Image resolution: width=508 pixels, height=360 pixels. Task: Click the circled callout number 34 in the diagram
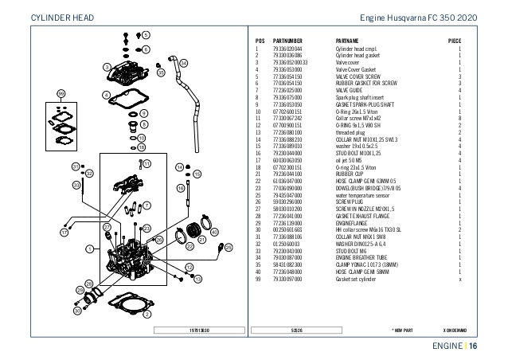(x=184, y=62)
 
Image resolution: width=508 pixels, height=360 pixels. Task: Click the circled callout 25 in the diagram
(x=229, y=248)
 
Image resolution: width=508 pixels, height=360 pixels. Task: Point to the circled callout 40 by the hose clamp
(x=214, y=232)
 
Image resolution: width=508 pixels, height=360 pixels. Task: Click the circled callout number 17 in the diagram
(x=63, y=233)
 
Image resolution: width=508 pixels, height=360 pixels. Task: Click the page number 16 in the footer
(x=472, y=346)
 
